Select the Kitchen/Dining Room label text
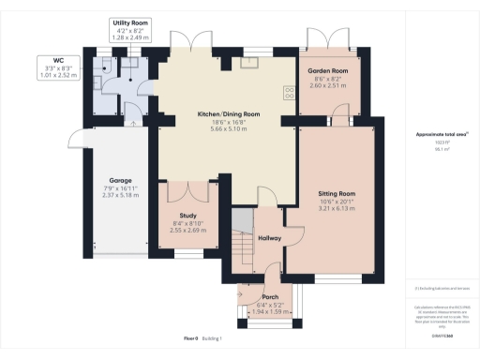(228, 113)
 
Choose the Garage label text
(119, 179)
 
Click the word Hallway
(270, 238)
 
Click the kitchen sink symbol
(250, 65)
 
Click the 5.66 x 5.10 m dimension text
(228, 130)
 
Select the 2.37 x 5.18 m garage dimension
(119, 196)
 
